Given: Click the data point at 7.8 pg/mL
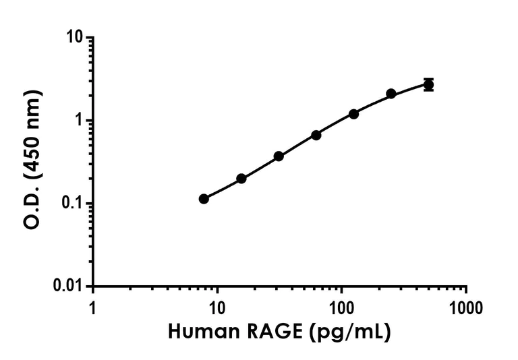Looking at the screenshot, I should pyautogui.click(x=204, y=199).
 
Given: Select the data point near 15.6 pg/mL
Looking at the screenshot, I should pyautogui.click(x=241, y=179).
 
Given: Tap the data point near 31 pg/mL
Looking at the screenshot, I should pyautogui.click(x=279, y=156).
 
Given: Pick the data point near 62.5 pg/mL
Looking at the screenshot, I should pyautogui.click(x=316, y=135).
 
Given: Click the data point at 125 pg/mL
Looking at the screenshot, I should pyautogui.click(x=353, y=114).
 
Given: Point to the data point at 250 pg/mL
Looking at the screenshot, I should pyautogui.click(x=391, y=94).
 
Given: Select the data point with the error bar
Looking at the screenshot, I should pyautogui.click(x=428, y=84).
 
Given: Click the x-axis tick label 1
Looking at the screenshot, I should pyautogui.click(x=93, y=308).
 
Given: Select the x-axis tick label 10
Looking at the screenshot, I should pyautogui.click(x=217, y=308).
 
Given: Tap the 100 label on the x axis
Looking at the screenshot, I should pyautogui.click(x=342, y=308).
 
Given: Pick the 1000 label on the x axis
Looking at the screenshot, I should pyautogui.click(x=466, y=308).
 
